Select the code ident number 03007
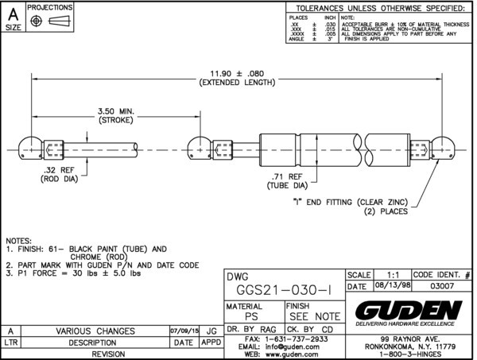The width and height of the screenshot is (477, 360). [x=442, y=286]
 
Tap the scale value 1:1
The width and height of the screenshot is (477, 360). [x=392, y=273]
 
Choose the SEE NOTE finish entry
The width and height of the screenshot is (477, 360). [x=312, y=316]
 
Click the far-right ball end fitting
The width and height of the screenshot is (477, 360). [x=444, y=147]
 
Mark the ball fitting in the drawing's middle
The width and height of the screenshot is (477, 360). [x=197, y=147]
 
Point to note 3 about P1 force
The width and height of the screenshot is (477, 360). [x=73, y=273]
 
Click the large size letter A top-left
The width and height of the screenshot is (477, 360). [x=13, y=13]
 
